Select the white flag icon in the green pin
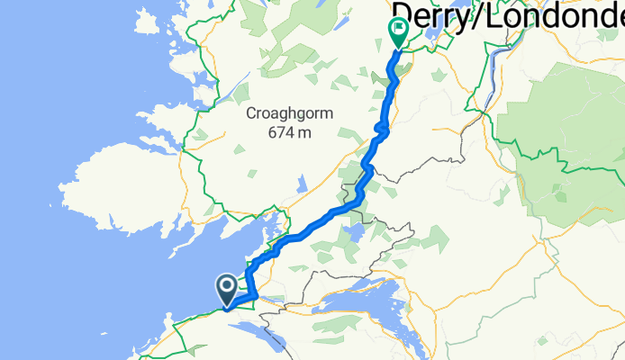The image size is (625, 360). [x=397, y=29]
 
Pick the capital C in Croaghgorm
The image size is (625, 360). [x=252, y=114]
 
